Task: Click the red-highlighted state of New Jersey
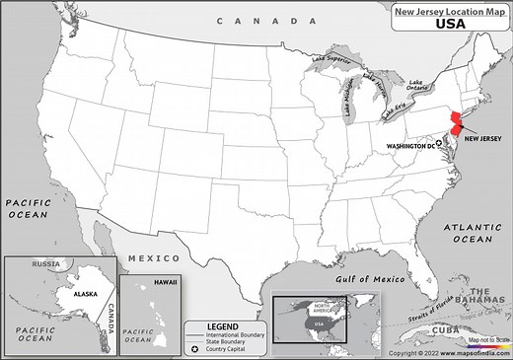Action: [x=458, y=128]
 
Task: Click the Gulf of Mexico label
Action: [x=367, y=280]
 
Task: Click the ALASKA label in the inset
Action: [x=69, y=292]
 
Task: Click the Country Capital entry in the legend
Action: [x=233, y=348]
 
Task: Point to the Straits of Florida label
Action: [x=432, y=314]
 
